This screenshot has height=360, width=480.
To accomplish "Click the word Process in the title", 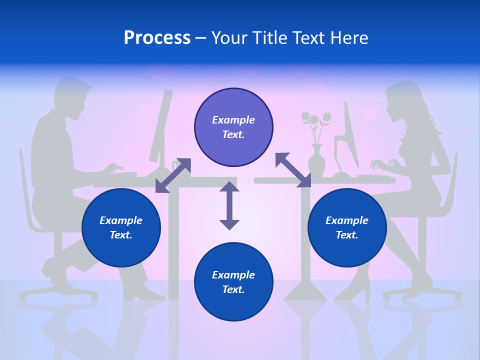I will pos(157,38).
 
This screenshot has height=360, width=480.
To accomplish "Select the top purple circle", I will pos(233,127).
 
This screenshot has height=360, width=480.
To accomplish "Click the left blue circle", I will pos(121,227).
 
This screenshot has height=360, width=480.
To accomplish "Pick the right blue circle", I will pos(347,227).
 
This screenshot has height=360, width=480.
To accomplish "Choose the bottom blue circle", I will pos(233,282).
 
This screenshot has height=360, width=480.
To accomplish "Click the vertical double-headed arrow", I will pos(229,205).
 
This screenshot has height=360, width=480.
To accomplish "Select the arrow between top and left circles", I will pos(173,175).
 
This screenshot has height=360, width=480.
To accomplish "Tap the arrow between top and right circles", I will pos(293,170).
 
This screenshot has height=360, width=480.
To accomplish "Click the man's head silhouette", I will pos(74,97).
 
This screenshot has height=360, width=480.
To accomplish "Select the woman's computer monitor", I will pos(350,135).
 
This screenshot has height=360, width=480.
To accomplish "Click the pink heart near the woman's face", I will pos(369,113).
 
